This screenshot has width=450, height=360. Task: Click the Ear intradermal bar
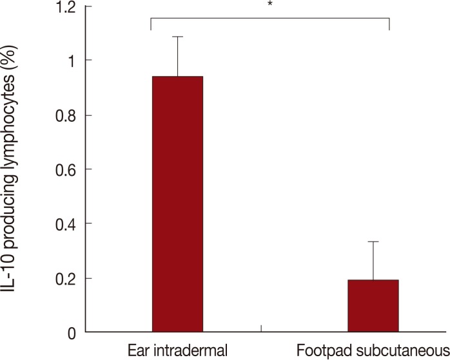tap(177, 204)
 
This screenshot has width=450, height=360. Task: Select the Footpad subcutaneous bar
tap(373, 306)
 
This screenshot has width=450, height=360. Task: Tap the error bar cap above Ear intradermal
tap(177, 37)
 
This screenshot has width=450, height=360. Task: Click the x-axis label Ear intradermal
tap(177, 351)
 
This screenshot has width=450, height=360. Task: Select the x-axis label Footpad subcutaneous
tap(373, 351)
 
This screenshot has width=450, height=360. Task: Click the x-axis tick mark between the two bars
tap(260, 329)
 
